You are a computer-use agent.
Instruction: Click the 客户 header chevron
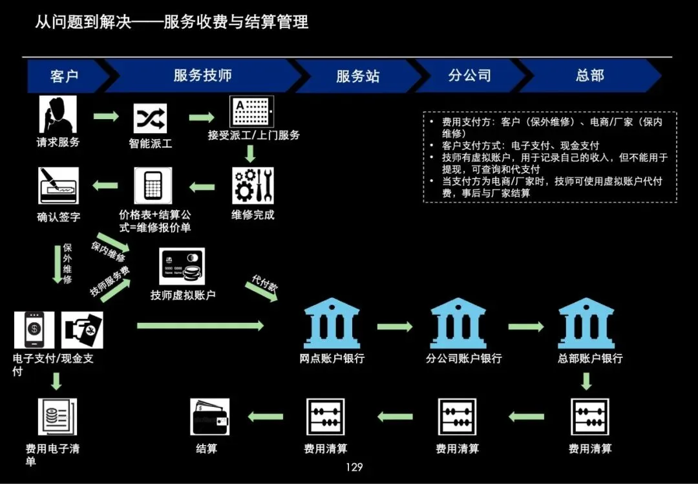pyautogui.click(x=65, y=76)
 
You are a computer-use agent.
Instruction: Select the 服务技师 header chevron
pyautogui.click(x=202, y=76)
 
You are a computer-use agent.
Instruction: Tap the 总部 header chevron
pyautogui.click(x=589, y=76)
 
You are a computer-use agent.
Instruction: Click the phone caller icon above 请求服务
pyautogui.click(x=58, y=115)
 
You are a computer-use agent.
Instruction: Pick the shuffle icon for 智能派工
pyautogui.click(x=150, y=118)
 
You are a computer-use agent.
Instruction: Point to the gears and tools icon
pyautogui.click(x=253, y=186)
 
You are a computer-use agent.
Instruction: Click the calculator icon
pyautogui.click(x=153, y=186)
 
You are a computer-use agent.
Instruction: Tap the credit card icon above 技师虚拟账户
pyautogui.click(x=182, y=266)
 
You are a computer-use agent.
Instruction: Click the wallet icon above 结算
pyautogui.click(x=210, y=417)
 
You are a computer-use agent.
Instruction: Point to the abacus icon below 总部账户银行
pyautogui.click(x=589, y=417)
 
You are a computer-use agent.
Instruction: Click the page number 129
pyautogui.click(x=354, y=467)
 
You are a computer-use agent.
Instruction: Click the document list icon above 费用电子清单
pyautogui.click(x=57, y=416)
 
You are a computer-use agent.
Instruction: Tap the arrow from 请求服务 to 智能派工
pyautogui.click(x=106, y=116)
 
